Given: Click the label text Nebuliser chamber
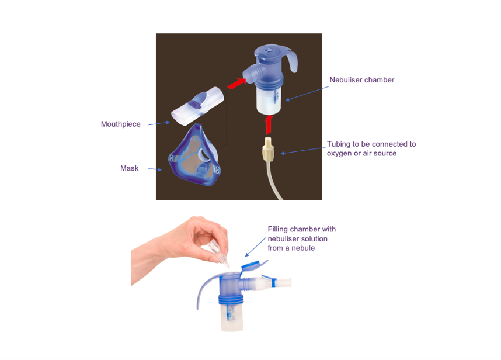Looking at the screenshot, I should (363, 79).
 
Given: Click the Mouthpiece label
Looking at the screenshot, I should (120, 124).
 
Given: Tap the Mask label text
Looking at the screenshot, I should (129, 168).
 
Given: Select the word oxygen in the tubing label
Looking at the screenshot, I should (339, 153).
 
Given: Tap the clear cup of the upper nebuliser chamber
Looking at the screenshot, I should (269, 101).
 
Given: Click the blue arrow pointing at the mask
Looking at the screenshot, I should (154, 169).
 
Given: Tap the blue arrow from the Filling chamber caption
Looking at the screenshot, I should (253, 248).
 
